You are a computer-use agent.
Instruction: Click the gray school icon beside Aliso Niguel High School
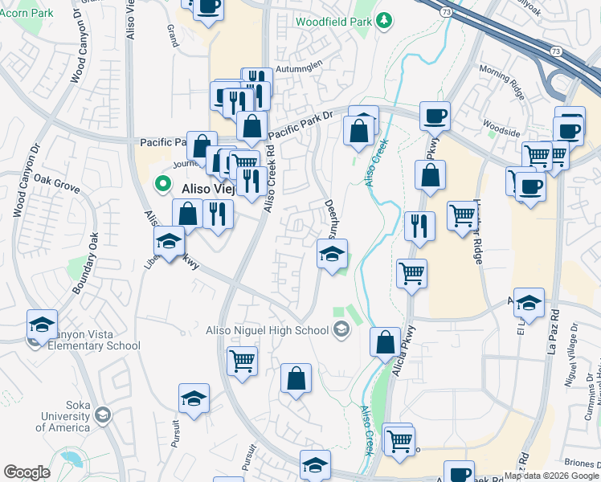pyautogui.click(x=341, y=329)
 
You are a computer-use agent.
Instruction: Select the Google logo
pyautogui.click(x=27, y=472)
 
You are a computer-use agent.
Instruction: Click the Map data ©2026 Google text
pyautogui.click(x=551, y=476)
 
